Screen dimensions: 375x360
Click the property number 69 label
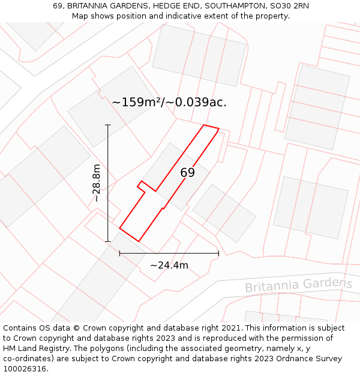pyautogui.click(x=187, y=173)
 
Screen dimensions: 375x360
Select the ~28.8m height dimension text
pyautogui.click(x=97, y=183)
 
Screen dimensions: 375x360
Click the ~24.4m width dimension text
pyautogui.click(x=169, y=265)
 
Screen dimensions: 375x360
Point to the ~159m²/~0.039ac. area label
pyautogui.click(x=169, y=103)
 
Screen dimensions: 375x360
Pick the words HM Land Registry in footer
pyautogui.click(x=34, y=349)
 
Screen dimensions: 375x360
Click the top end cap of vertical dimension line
pyautogui.click(x=108, y=125)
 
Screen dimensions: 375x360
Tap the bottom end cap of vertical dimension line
pyautogui.click(x=108, y=241)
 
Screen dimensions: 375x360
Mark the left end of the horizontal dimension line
pyautogui.click(x=120, y=253)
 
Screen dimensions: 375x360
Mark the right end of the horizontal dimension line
pyautogui.click(x=218, y=253)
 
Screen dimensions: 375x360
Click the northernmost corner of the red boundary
pyautogui.click(x=205, y=125)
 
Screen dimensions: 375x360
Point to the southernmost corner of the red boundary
pyautogui.click(x=139, y=241)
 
